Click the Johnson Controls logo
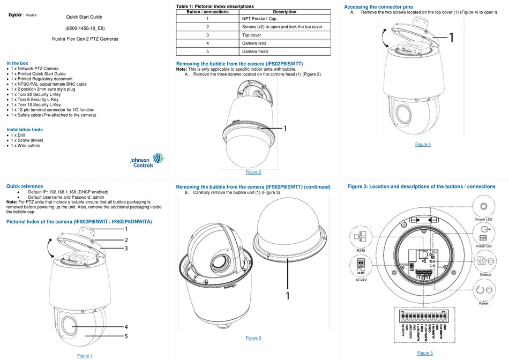tap(148, 160)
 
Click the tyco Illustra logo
tap(23, 16)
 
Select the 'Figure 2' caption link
tap(253, 172)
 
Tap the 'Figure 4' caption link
tap(422, 144)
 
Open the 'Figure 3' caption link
tap(253, 338)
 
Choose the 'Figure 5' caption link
tap(424, 353)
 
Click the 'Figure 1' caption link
tap(85, 356)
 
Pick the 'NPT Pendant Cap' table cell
tap(284, 18)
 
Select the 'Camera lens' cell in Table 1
tap(284, 43)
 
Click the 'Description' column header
tap(284, 11)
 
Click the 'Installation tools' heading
tap(25, 130)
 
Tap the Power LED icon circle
tap(483, 207)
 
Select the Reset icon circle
tap(483, 290)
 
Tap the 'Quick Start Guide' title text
tap(84, 17)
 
